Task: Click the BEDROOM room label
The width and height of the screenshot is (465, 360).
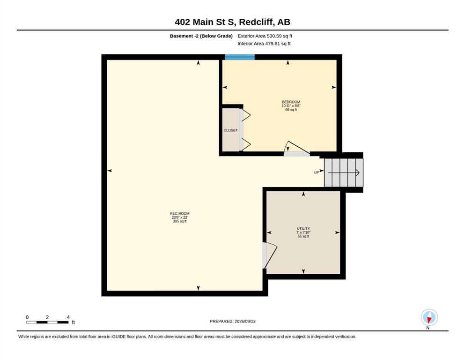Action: click(291, 102)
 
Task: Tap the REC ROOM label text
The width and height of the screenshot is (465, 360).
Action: click(180, 214)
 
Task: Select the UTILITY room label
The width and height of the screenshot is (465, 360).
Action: click(303, 229)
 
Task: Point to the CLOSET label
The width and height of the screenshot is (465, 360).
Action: click(231, 130)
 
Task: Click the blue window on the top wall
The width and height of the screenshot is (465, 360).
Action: click(240, 57)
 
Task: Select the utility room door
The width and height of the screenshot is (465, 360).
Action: click(270, 255)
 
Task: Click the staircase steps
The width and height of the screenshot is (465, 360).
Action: click(343, 172)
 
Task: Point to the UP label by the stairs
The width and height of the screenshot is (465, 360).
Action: click(317, 172)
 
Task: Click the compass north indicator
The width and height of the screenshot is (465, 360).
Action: click(429, 317)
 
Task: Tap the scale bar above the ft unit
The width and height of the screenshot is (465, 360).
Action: click(47, 322)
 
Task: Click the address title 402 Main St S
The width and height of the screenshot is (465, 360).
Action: click(205, 22)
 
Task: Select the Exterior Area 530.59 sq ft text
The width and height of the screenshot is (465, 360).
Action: click(265, 36)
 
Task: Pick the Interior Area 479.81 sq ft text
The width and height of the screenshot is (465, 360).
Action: click(264, 44)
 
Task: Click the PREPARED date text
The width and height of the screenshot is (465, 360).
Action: click(232, 321)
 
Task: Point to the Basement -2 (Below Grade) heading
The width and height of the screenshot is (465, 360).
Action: click(201, 36)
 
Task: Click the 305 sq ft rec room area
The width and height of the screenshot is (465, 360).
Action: click(180, 221)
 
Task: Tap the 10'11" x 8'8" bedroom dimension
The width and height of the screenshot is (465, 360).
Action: click(291, 106)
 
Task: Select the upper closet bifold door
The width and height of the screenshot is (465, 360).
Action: click(245, 115)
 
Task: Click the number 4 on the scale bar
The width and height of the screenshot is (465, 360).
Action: click(68, 317)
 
